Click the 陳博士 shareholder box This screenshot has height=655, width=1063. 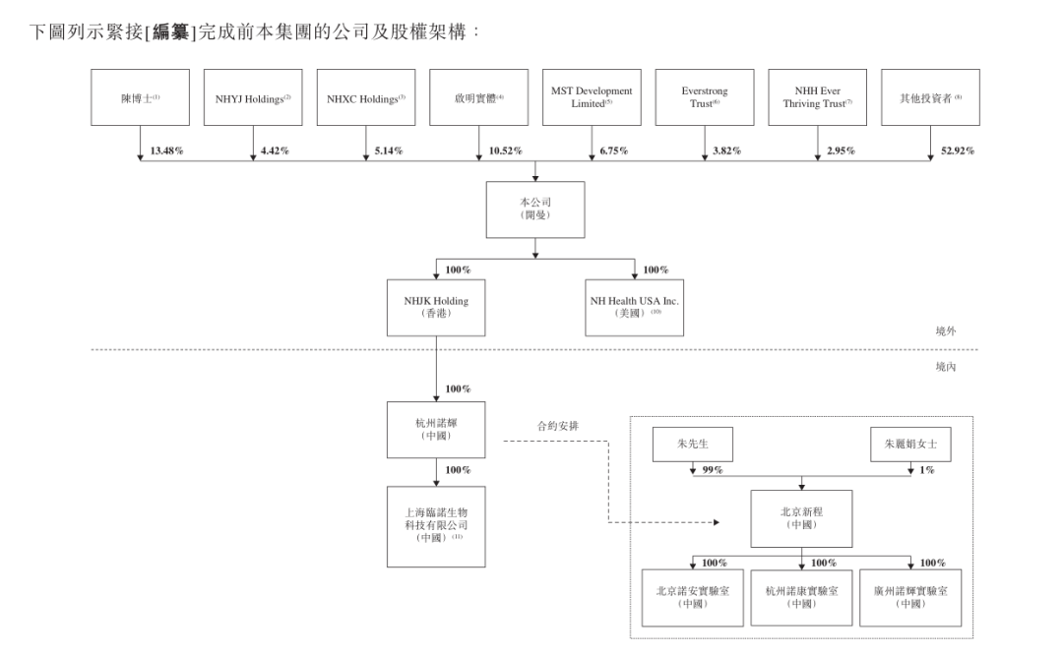(140, 97)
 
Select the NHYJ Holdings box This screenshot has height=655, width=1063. (253, 97)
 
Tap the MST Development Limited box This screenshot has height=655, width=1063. (592, 97)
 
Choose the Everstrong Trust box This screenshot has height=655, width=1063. (705, 97)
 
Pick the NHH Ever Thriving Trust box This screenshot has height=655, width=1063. (817, 97)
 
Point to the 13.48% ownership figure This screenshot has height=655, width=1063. (166, 151)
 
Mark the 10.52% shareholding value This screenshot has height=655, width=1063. (505, 151)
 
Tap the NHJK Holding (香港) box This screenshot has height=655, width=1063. (435, 308)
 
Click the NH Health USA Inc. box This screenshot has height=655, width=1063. (635, 308)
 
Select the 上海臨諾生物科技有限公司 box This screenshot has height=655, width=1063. (435, 526)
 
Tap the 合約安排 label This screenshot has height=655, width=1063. (557, 427)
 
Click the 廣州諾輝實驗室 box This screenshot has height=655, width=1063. (909, 597)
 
